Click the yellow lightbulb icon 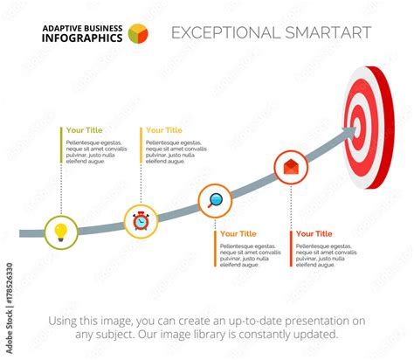60,232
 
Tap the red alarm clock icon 141,221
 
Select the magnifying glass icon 215,201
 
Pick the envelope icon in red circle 290,166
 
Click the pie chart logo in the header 138,33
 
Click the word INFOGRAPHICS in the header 82,38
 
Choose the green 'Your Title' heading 85,130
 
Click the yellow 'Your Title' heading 164,130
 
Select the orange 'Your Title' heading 238,233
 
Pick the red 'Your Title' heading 314,233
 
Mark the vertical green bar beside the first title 61,146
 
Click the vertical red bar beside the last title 291,248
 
